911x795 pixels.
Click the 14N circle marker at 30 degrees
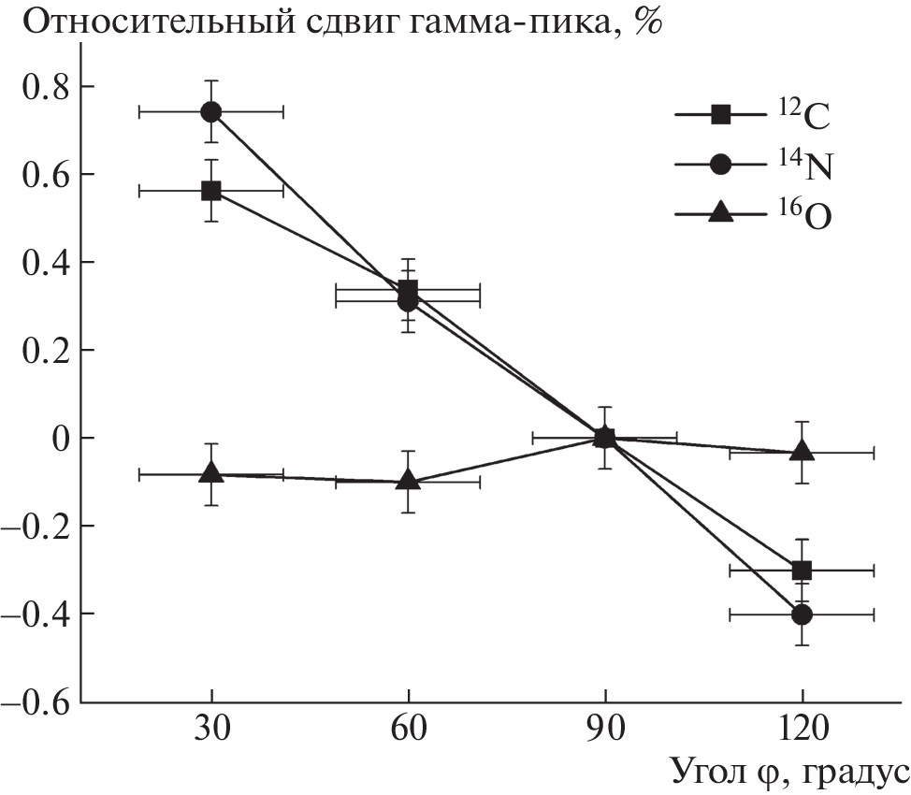point(211,112)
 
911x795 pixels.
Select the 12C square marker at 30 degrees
point(211,191)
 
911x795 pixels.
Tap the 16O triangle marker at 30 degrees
point(211,473)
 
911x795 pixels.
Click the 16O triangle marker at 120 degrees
point(803,451)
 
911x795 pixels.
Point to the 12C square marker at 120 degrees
point(802,570)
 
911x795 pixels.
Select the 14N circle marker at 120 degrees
point(802,614)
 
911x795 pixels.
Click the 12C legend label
point(803,116)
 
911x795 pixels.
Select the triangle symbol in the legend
point(720,213)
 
